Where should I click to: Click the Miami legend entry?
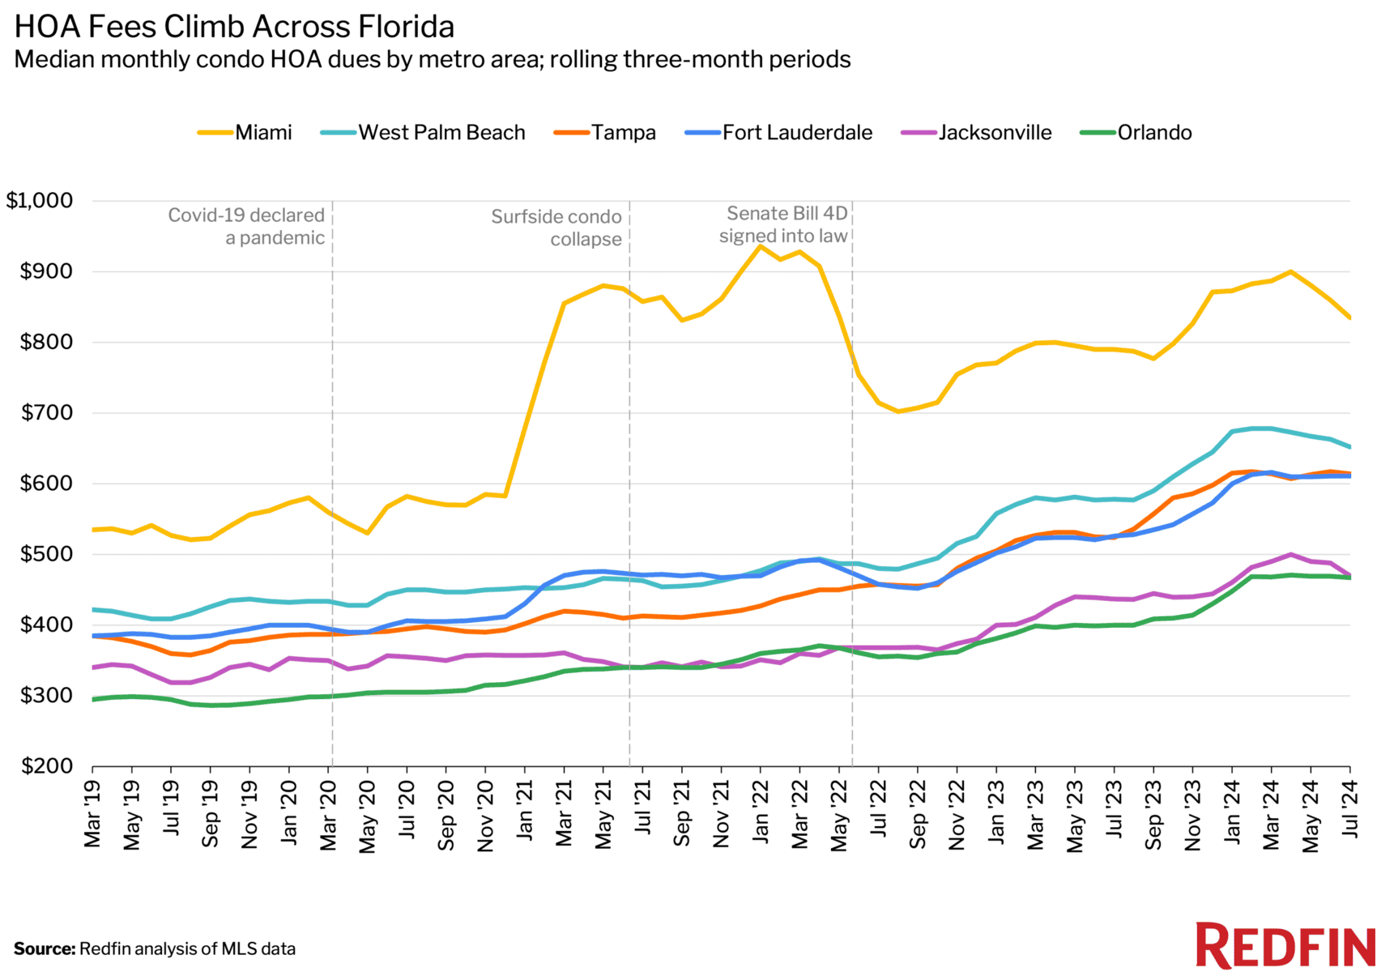(x=245, y=133)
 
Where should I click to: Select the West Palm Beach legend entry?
(x=424, y=133)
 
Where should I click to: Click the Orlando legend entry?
(x=1137, y=133)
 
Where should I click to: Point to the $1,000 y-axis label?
(x=39, y=200)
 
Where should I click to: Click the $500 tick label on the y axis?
(x=46, y=554)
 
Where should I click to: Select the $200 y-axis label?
(x=46, y=765)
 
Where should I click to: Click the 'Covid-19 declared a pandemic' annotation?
(x=247, y=227)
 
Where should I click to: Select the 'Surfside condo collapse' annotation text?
(x=557, y=228)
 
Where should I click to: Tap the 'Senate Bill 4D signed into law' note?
(x=784, y=224)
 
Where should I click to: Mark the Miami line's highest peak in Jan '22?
(x=760, y=245)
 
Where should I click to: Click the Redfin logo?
(x=1285, y=945)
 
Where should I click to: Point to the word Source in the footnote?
(x=44, y=949)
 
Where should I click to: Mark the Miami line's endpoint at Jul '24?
(x=1349, y=318)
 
